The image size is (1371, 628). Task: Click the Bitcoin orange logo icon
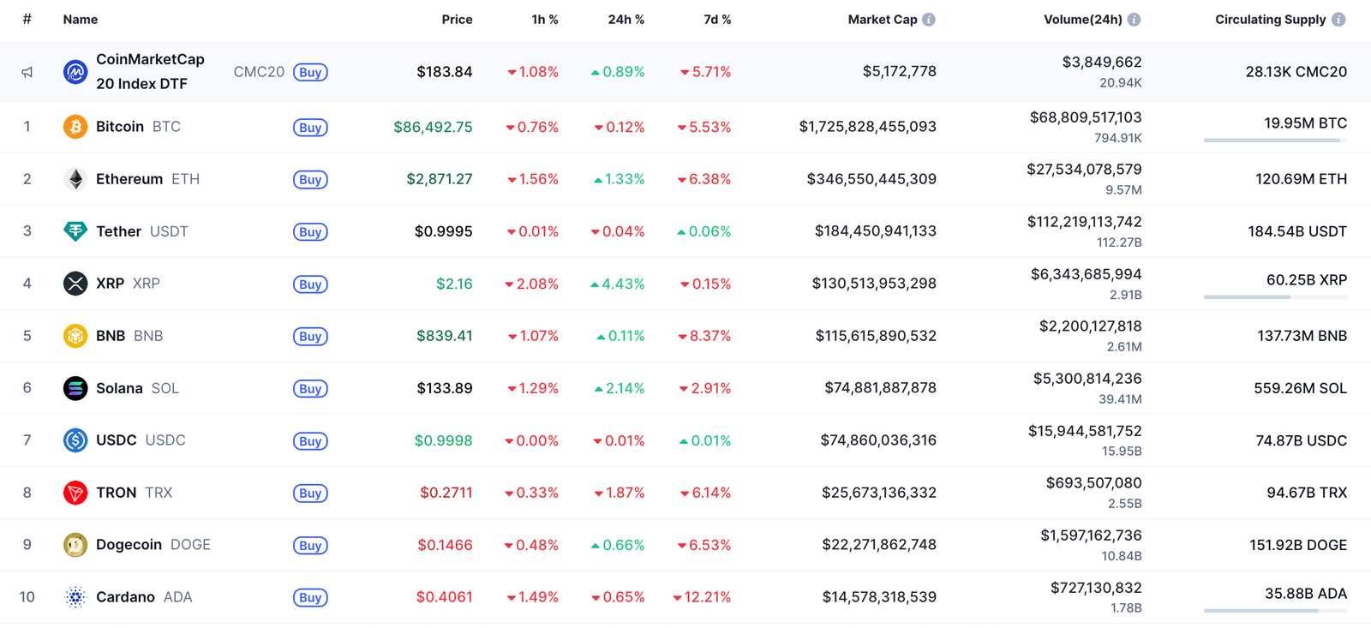click(x=75, y=127)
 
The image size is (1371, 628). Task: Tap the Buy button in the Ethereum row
click(x=310, y=180)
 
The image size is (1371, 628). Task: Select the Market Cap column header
click(x=882, y=20)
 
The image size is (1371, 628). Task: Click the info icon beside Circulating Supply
click(x=1338, y=20)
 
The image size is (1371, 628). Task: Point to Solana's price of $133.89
click(x=445, y=388)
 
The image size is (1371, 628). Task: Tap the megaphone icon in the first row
click(x=27, y=72)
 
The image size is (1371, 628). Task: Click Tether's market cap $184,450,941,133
click(x=875, y=231)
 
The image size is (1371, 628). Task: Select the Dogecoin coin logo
click(x=75, y=545)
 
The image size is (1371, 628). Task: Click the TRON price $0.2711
click(x=446, y=493)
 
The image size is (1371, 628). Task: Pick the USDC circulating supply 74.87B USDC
click(x=1301, y=440)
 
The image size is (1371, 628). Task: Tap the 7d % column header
click(x=717, y=20)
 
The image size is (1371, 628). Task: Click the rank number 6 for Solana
click(x=27, y=388)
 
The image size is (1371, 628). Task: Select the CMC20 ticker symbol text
click(x=259, y=72)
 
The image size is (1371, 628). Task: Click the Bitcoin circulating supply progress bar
click(x=1274, y=141)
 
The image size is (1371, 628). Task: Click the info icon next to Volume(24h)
click(x=1134, y=20)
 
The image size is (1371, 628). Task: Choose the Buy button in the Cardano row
click(x=310, y=598)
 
